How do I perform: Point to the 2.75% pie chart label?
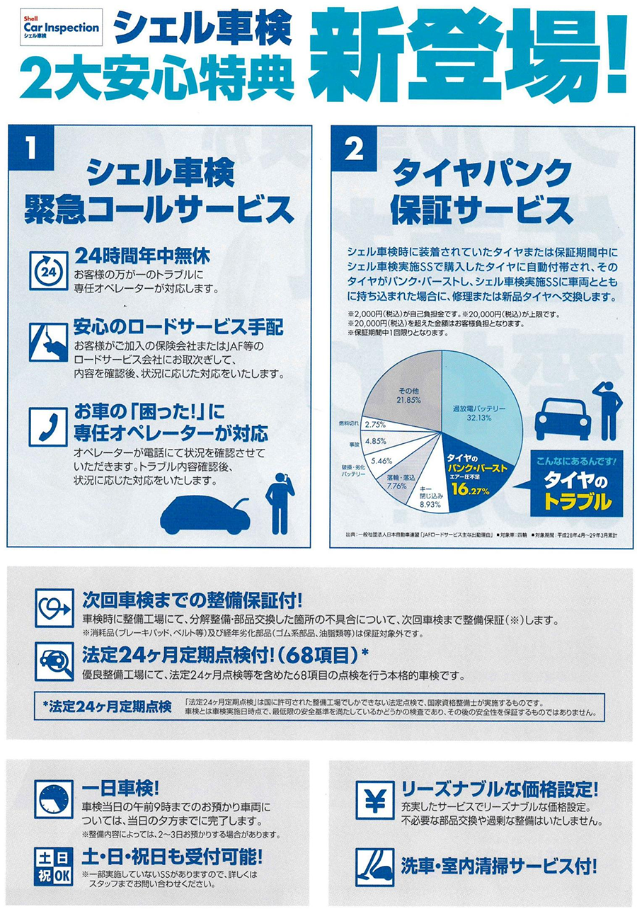[x=375, y=425]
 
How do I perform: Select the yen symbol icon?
[x=375, y=799]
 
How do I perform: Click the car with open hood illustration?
[x=205, y=515]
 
